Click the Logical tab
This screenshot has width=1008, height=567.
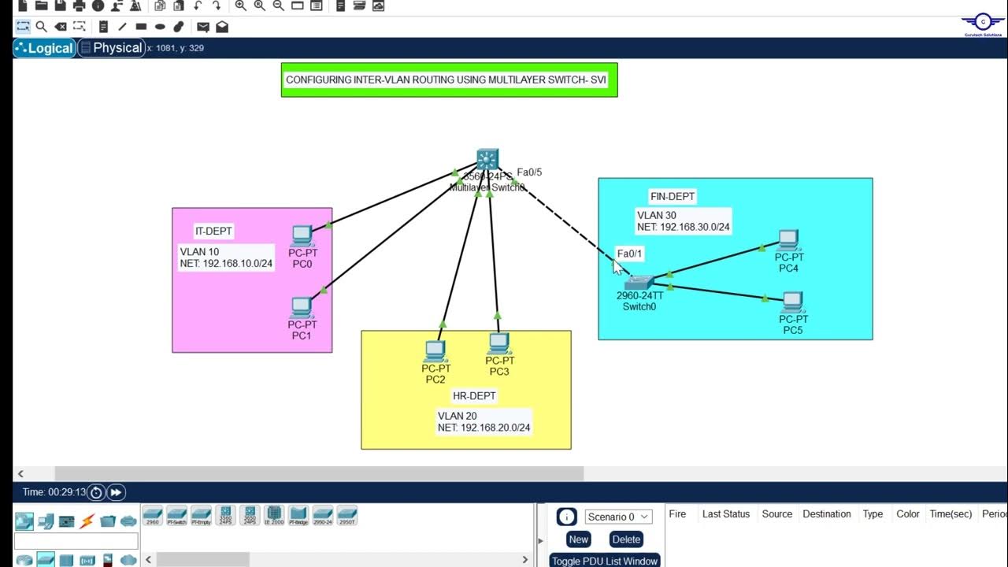pyautogui.click(x=45, y=48)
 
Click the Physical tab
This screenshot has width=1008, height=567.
pyautogui.click(x=111, y=48)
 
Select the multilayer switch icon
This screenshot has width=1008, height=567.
pyautogui.click(x=487, y=159)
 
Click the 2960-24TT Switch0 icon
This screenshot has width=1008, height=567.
pyautogui.click(x=639, y=283)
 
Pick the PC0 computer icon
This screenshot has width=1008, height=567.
pyautogui.click(x=302, y=235)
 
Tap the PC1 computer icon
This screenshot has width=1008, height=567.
pyautogui.click(x=302, y=307)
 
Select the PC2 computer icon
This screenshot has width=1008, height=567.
pyautogui.click(x=435, y=351)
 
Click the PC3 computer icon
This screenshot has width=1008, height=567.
pyautogui.click(x=499, y=343)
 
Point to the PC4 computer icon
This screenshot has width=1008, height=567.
pyautogui.click(x=788, y=240)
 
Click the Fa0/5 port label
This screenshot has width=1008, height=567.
pyautogui.click(x=529, y=172)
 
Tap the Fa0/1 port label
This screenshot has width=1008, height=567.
pyautogui.click(x=630, y=254)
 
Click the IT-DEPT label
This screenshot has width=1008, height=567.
pyautogui.click(x=213, y=231)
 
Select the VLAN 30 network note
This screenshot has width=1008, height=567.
pyautogui.click(x=683, y=221)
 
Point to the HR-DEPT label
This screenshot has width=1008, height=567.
pyautogui.click(x=474, y=395)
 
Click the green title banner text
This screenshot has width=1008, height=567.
pyautogui.click(x=449, y=80)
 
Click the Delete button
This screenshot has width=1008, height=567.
pyautogui.click(x=626, y=539)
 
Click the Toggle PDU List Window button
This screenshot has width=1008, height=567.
pyautogui.click(x=604, y=561)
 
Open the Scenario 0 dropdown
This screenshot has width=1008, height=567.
pyautogui.click(x=618, y=517)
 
